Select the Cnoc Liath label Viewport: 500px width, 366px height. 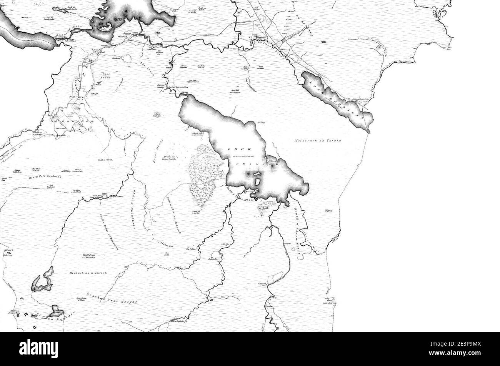pos(167,253)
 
